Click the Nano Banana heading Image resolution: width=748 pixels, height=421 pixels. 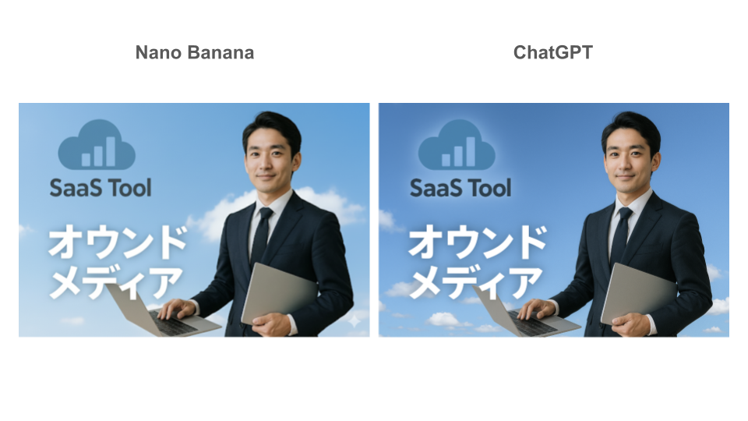(195, 52)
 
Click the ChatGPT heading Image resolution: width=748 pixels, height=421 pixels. (553, 52)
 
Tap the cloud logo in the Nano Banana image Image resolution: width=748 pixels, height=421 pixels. (97, 145)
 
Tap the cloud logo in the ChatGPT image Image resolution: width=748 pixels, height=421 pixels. (457, 145)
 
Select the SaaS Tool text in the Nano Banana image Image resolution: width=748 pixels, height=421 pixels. (101, 188)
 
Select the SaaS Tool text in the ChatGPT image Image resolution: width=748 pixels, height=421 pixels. (460, 188)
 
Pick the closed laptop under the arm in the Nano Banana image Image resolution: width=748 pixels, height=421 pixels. (279, 293)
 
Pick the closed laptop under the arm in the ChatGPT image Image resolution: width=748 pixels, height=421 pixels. (638, 293)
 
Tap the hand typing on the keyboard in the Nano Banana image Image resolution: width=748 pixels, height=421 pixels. (177, 309)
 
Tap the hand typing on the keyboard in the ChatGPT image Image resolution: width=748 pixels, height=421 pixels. (536, 309)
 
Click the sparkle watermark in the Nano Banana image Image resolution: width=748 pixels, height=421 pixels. (355, 320)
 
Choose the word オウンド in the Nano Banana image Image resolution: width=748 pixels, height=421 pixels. (118, 242)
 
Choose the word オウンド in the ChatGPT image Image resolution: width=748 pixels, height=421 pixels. (478, 242)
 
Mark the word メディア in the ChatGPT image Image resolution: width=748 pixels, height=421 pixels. (475, 282)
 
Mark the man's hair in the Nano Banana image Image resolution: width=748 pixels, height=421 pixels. (273, 129)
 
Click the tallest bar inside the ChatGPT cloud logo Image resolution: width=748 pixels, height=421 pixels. (471, 152)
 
